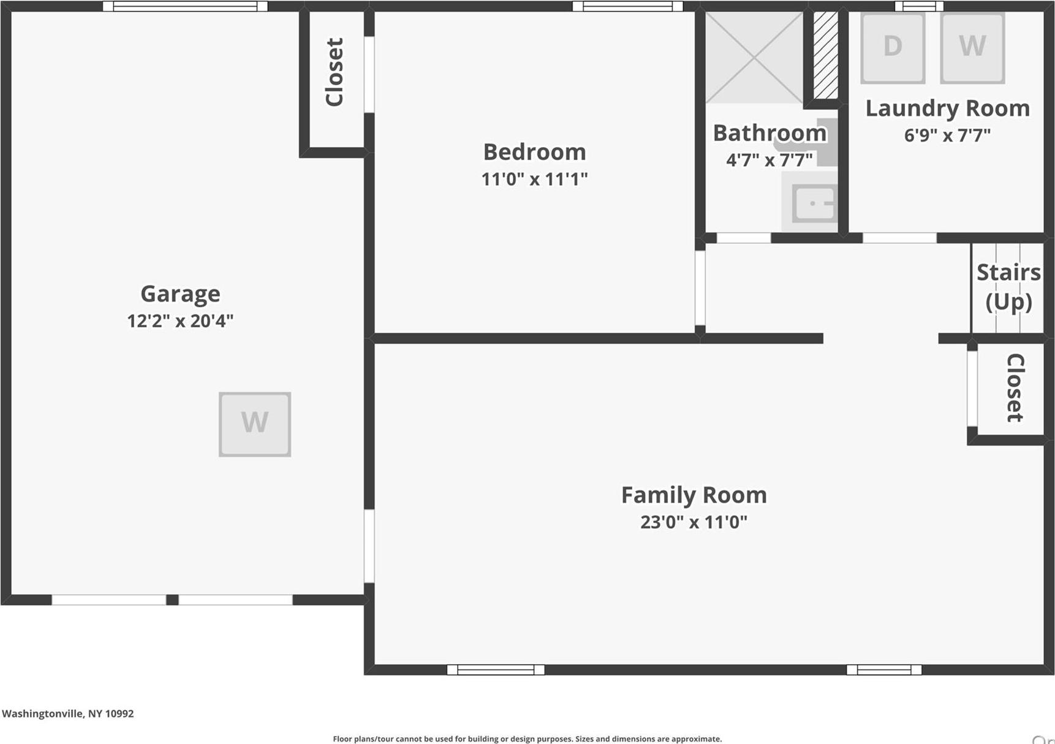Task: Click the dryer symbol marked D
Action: click(892, 48)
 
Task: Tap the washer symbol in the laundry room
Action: click(972, 48)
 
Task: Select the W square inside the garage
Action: click(255, 424)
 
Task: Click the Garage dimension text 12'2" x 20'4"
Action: click(180, 321)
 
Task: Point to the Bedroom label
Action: click(534, 152)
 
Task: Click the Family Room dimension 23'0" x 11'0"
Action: click(694, 522)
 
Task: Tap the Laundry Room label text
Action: click(947, 108)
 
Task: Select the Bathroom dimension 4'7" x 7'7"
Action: click(769, 160)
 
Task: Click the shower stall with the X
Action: click(754, 57)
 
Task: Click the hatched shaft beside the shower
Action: click(825, 55)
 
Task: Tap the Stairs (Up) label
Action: click(1008, 287)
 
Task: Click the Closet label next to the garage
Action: click(335, 72)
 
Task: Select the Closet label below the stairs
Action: click(1015, 387)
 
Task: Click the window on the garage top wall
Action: click(185, 6)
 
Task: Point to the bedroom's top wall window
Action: click(627, 6)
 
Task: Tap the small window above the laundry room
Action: click(919, 6)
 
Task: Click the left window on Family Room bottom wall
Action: click(496, 670)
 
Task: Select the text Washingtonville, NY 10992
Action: click(67, 713)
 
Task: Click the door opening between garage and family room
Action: click(369, 546)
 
